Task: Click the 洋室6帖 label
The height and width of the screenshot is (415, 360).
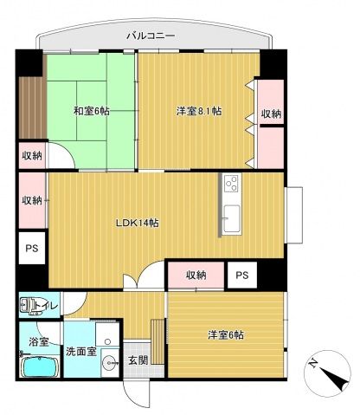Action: (225, 334)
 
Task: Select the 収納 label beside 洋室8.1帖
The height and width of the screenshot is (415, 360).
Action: (271, 114)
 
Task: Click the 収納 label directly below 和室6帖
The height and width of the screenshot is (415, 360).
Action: (32, 156)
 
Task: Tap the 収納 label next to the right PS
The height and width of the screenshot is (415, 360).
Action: (196, 275)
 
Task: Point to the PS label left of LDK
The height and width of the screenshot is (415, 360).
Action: (32, 250)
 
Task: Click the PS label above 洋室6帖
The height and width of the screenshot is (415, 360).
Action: (243, 275)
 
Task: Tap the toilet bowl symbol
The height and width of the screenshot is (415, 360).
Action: (29, 306)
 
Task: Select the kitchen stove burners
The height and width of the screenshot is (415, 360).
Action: (230, 184)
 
